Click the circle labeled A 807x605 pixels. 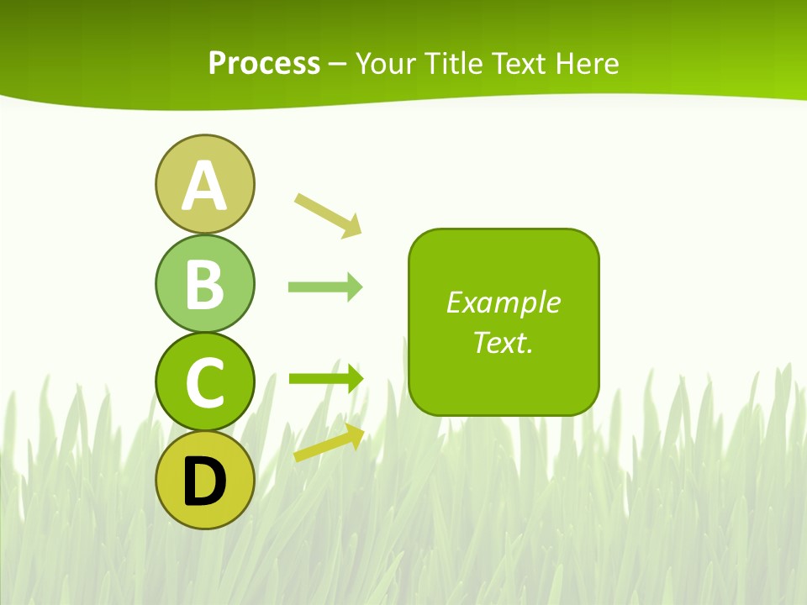204,184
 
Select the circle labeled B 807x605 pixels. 204,283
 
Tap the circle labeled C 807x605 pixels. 204,381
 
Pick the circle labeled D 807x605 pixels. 204,480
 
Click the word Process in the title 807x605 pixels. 264,63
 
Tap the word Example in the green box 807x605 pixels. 504,302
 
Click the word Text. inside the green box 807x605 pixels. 504,342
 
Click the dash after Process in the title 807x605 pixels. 338,64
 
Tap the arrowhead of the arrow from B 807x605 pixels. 354,287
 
